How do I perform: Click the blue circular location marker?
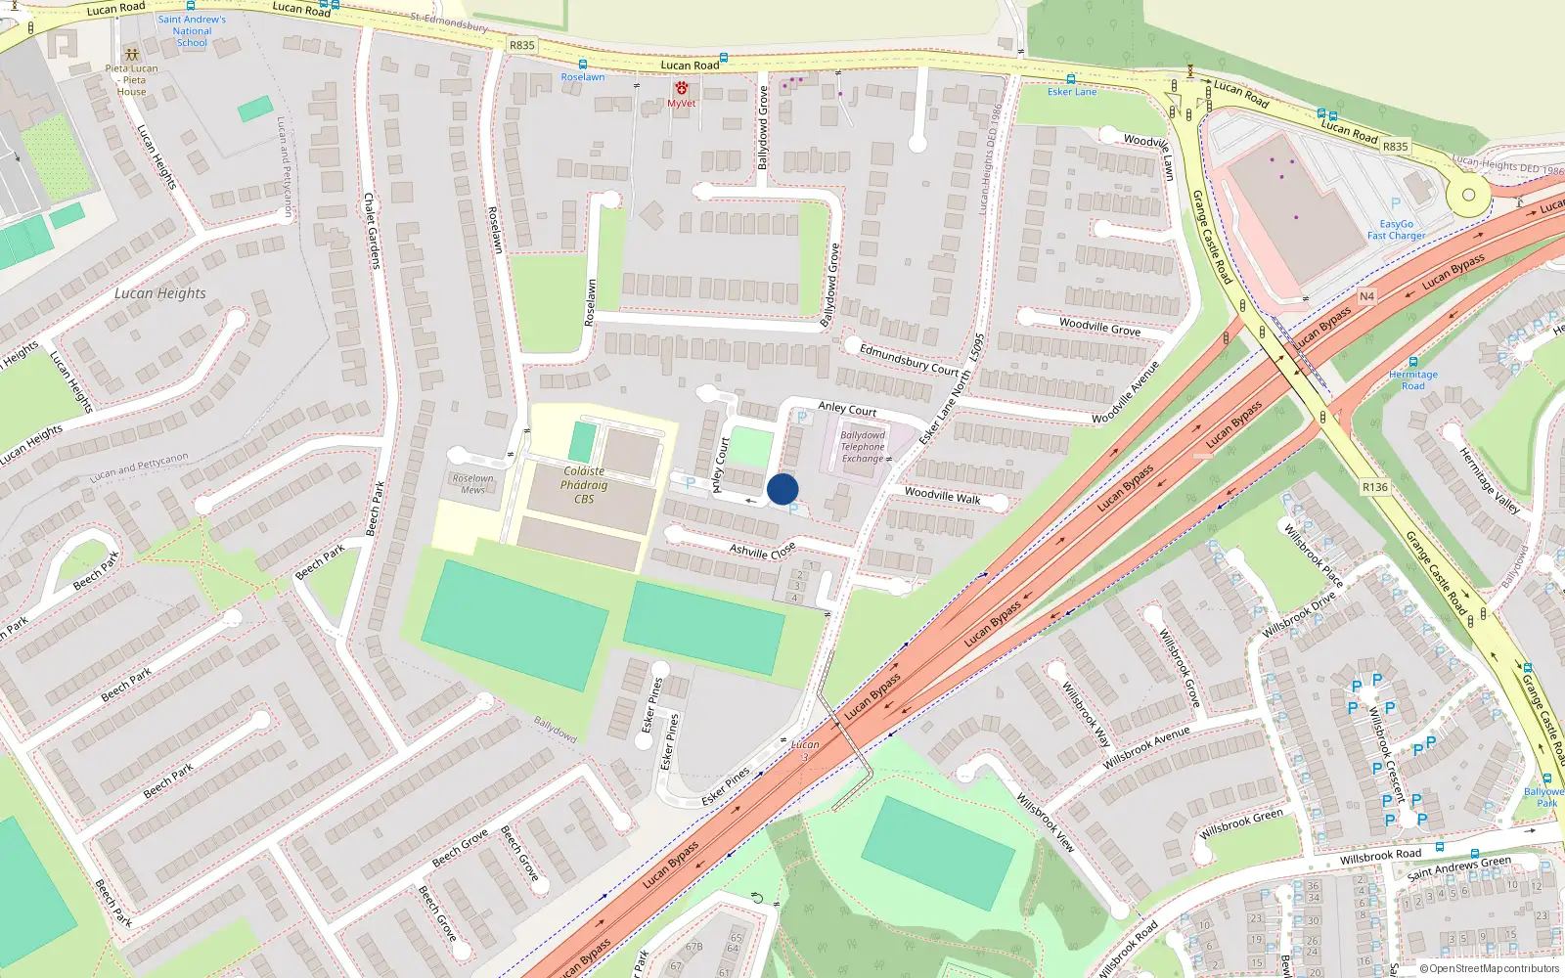point(782,489)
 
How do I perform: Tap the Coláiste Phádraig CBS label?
point(584,485)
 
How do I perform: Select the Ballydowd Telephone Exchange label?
point(863,447)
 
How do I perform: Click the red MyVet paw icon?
point(682,88)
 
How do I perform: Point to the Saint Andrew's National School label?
point(192,31)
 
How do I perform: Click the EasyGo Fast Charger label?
point(1396,230)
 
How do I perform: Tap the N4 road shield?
point(1366,296)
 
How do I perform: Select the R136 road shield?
point(1375,487)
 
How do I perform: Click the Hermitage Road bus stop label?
point(1413,380)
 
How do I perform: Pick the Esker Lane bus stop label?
point(1072,92)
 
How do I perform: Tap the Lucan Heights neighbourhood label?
point(160,293)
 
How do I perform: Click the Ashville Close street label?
point(762,552)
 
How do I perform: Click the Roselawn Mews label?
point(472,484)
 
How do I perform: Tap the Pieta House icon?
point(131,55)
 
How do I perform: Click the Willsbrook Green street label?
point(1241,823)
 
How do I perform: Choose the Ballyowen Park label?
point(1544,797)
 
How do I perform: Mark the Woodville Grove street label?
point(1099,327)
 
